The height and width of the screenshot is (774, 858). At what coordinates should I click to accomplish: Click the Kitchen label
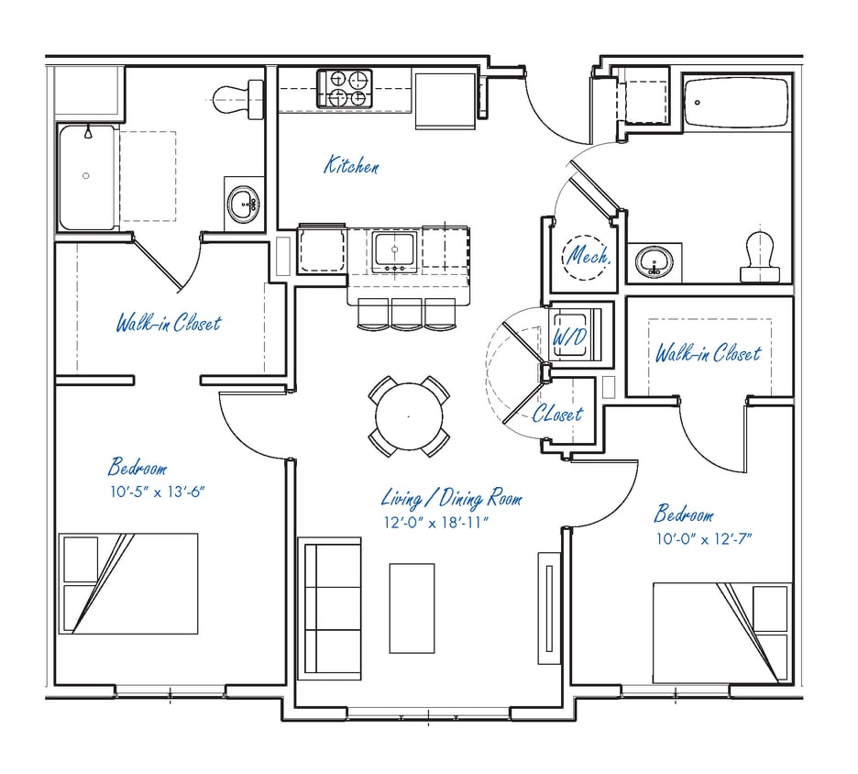click(x=351, y=166)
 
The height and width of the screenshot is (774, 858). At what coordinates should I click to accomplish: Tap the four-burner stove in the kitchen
click(x=346, y=89)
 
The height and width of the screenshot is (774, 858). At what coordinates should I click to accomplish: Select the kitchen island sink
click(x=394, y=250)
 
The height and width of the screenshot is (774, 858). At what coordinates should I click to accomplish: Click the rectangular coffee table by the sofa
click(x=412, y=607)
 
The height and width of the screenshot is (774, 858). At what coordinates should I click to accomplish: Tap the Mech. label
click(x=588, y=257)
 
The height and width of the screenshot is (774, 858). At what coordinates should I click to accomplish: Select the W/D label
click(x=569, y=337)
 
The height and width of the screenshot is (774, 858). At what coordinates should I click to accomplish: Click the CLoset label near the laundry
click(x=557, y=415)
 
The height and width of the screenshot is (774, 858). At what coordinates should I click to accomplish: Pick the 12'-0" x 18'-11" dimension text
click(x=435, y=522)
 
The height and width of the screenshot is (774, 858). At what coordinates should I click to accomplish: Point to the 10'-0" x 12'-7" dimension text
click(x=703, y=538)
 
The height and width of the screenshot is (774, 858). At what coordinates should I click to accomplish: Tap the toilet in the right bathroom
click(x=759, y=256)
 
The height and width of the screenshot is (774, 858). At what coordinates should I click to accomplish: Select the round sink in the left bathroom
click(x=244, y=203)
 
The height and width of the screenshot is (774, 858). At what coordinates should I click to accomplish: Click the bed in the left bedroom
click(x=129, y=583)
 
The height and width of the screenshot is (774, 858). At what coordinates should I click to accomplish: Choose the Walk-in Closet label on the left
click(x=168, y=323)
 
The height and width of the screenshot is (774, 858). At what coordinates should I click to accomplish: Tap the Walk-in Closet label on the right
click(x=708, y=353)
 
